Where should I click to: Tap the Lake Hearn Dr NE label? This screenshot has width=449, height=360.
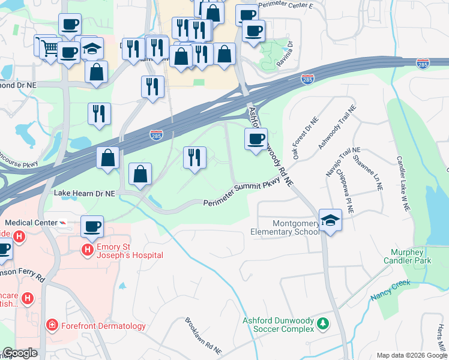pyautogui.click(x=84, y=194)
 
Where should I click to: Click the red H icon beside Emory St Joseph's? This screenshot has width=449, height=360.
pyautogui.click(x=88, y=249)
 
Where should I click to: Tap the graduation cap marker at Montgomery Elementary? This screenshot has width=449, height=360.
pyautogui.click(x=330, y=221)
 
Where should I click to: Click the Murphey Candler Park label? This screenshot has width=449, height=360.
pyautogui.click(x=411, y=256)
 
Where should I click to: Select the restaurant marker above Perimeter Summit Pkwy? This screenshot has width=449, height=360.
pyautogui.click(x=194, y=158)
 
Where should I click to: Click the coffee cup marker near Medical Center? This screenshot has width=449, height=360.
pyautogui.click(x=92, y=227)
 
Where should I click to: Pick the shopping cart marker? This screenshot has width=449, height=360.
pyautogui.click(x=50, y=47)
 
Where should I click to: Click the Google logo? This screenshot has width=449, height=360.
pyautogui.click(x=20, y=352)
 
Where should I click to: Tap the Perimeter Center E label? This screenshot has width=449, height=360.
pyautogui.click(x=286, y=5)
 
